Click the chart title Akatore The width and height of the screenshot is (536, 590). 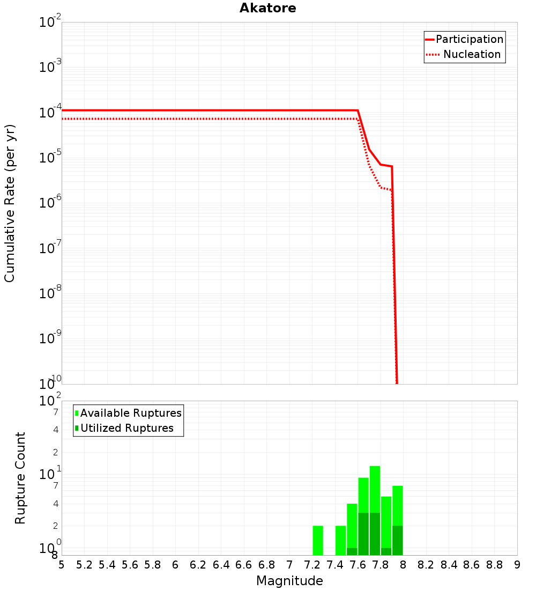(267, 8)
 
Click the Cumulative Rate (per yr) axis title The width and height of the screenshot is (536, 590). (10, 203)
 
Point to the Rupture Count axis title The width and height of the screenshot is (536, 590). (20, 478)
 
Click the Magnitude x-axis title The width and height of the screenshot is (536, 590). (289, 581)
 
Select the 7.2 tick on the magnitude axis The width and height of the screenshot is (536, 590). (312, 565)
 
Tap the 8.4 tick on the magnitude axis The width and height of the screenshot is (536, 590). (449, 565)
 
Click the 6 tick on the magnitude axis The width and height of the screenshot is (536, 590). (175, 565)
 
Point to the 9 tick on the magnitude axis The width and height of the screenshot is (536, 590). (517, 565)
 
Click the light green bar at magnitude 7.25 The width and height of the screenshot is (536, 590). (318, 540)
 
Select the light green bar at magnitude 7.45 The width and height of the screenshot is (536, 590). (340, 540)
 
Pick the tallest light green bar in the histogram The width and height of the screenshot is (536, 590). (375, 488)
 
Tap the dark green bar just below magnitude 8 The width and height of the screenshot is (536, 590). (397, 540)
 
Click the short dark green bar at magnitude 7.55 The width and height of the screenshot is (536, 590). (352, 551)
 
